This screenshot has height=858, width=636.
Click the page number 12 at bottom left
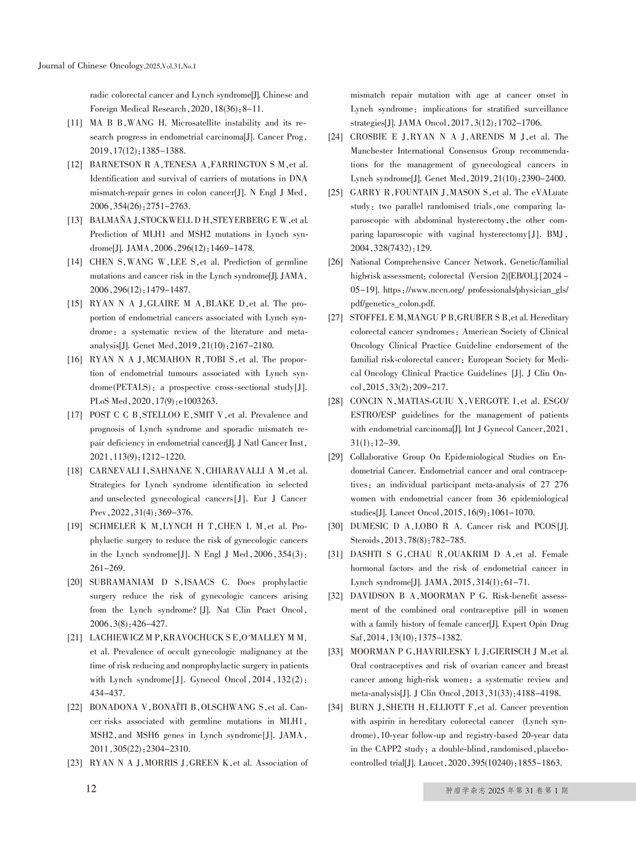coord(91,789)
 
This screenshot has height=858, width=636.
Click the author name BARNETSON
coord(115,165)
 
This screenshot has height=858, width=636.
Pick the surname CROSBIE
coord(371,137)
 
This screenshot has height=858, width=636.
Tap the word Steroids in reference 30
coord(365,540)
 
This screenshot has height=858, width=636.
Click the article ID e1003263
coord(197,401)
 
